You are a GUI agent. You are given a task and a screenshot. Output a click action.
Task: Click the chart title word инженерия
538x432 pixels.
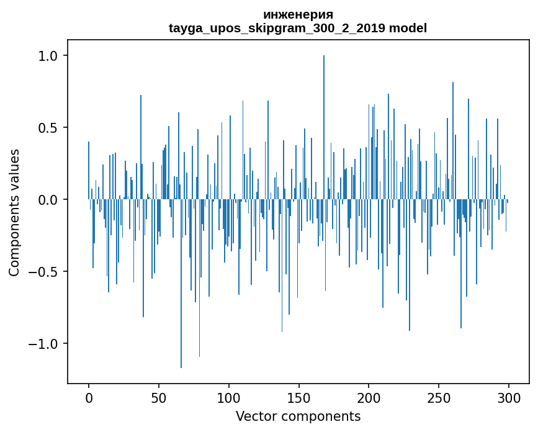[298, 14]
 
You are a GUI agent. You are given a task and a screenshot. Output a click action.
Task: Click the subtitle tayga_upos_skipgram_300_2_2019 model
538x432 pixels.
[298, 28]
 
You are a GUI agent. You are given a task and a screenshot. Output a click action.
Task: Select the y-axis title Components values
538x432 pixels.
[14, 212]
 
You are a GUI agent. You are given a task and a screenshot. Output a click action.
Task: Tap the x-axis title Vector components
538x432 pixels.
[298, 416]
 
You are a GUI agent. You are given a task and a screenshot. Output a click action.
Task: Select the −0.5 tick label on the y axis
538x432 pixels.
[45, 272]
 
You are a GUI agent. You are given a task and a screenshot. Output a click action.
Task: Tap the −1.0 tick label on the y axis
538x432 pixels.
[45, 344]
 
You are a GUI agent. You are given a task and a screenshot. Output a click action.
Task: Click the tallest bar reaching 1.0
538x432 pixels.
[324, 124]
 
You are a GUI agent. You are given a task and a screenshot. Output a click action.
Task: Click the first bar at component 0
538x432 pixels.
[89, 171]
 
